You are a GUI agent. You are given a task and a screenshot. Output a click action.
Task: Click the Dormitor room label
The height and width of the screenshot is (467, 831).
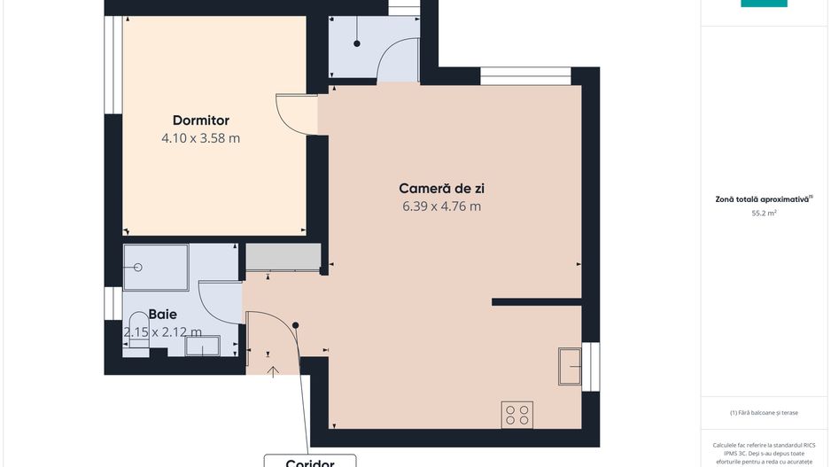[201, 120]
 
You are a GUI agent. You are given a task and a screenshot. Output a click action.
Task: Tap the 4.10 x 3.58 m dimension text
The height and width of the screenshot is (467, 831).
[201, 138]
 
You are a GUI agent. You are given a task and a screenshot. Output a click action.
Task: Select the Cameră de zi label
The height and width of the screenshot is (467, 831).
[441, 188]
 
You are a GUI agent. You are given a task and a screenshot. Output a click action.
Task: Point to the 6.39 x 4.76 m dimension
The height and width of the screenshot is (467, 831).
[441, 206]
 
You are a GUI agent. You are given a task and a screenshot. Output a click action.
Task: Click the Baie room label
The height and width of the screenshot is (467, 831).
[162, 314]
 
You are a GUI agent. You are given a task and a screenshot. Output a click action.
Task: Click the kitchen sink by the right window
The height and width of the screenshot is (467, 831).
[570, 366]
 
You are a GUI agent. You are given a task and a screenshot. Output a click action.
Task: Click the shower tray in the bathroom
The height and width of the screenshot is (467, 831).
[155, 267]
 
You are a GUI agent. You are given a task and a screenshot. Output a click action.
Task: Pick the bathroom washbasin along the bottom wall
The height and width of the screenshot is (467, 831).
[203, 347]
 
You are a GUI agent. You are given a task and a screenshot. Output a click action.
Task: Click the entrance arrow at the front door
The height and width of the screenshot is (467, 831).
[273, 371]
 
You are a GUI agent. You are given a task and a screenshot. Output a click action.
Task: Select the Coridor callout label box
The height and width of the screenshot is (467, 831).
[310, 461]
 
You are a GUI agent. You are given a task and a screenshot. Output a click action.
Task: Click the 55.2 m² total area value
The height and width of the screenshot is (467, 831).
[764, 214]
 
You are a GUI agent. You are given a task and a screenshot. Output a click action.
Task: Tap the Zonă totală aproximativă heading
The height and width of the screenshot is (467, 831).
[764, 199]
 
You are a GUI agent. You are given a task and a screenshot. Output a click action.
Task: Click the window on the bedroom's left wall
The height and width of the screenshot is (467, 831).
[113, 65]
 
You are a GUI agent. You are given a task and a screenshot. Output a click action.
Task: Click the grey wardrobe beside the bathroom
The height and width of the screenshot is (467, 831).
[282, 257]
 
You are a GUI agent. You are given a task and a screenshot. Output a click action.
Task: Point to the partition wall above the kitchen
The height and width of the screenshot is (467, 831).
[536, 302]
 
